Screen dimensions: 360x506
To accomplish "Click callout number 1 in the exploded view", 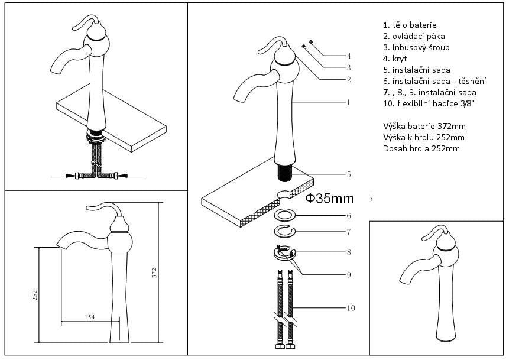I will (349, 102).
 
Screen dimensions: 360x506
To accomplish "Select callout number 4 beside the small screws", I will (349, 56).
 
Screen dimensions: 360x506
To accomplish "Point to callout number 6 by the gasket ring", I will (349, 216).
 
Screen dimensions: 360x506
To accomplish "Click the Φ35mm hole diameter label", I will (330, 199).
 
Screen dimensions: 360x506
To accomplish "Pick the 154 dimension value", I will (89, 318).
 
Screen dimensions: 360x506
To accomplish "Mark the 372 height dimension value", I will (154, 273).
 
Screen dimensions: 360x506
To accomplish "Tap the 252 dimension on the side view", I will (35, 294).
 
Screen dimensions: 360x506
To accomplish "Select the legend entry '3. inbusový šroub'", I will (416, 47).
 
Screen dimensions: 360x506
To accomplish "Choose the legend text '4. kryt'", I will (395, 59).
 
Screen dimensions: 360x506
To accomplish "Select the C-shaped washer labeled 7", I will (286, 230).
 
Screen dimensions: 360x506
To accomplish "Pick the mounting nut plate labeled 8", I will (285, 252).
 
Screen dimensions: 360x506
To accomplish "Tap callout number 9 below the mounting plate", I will (349, 274).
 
